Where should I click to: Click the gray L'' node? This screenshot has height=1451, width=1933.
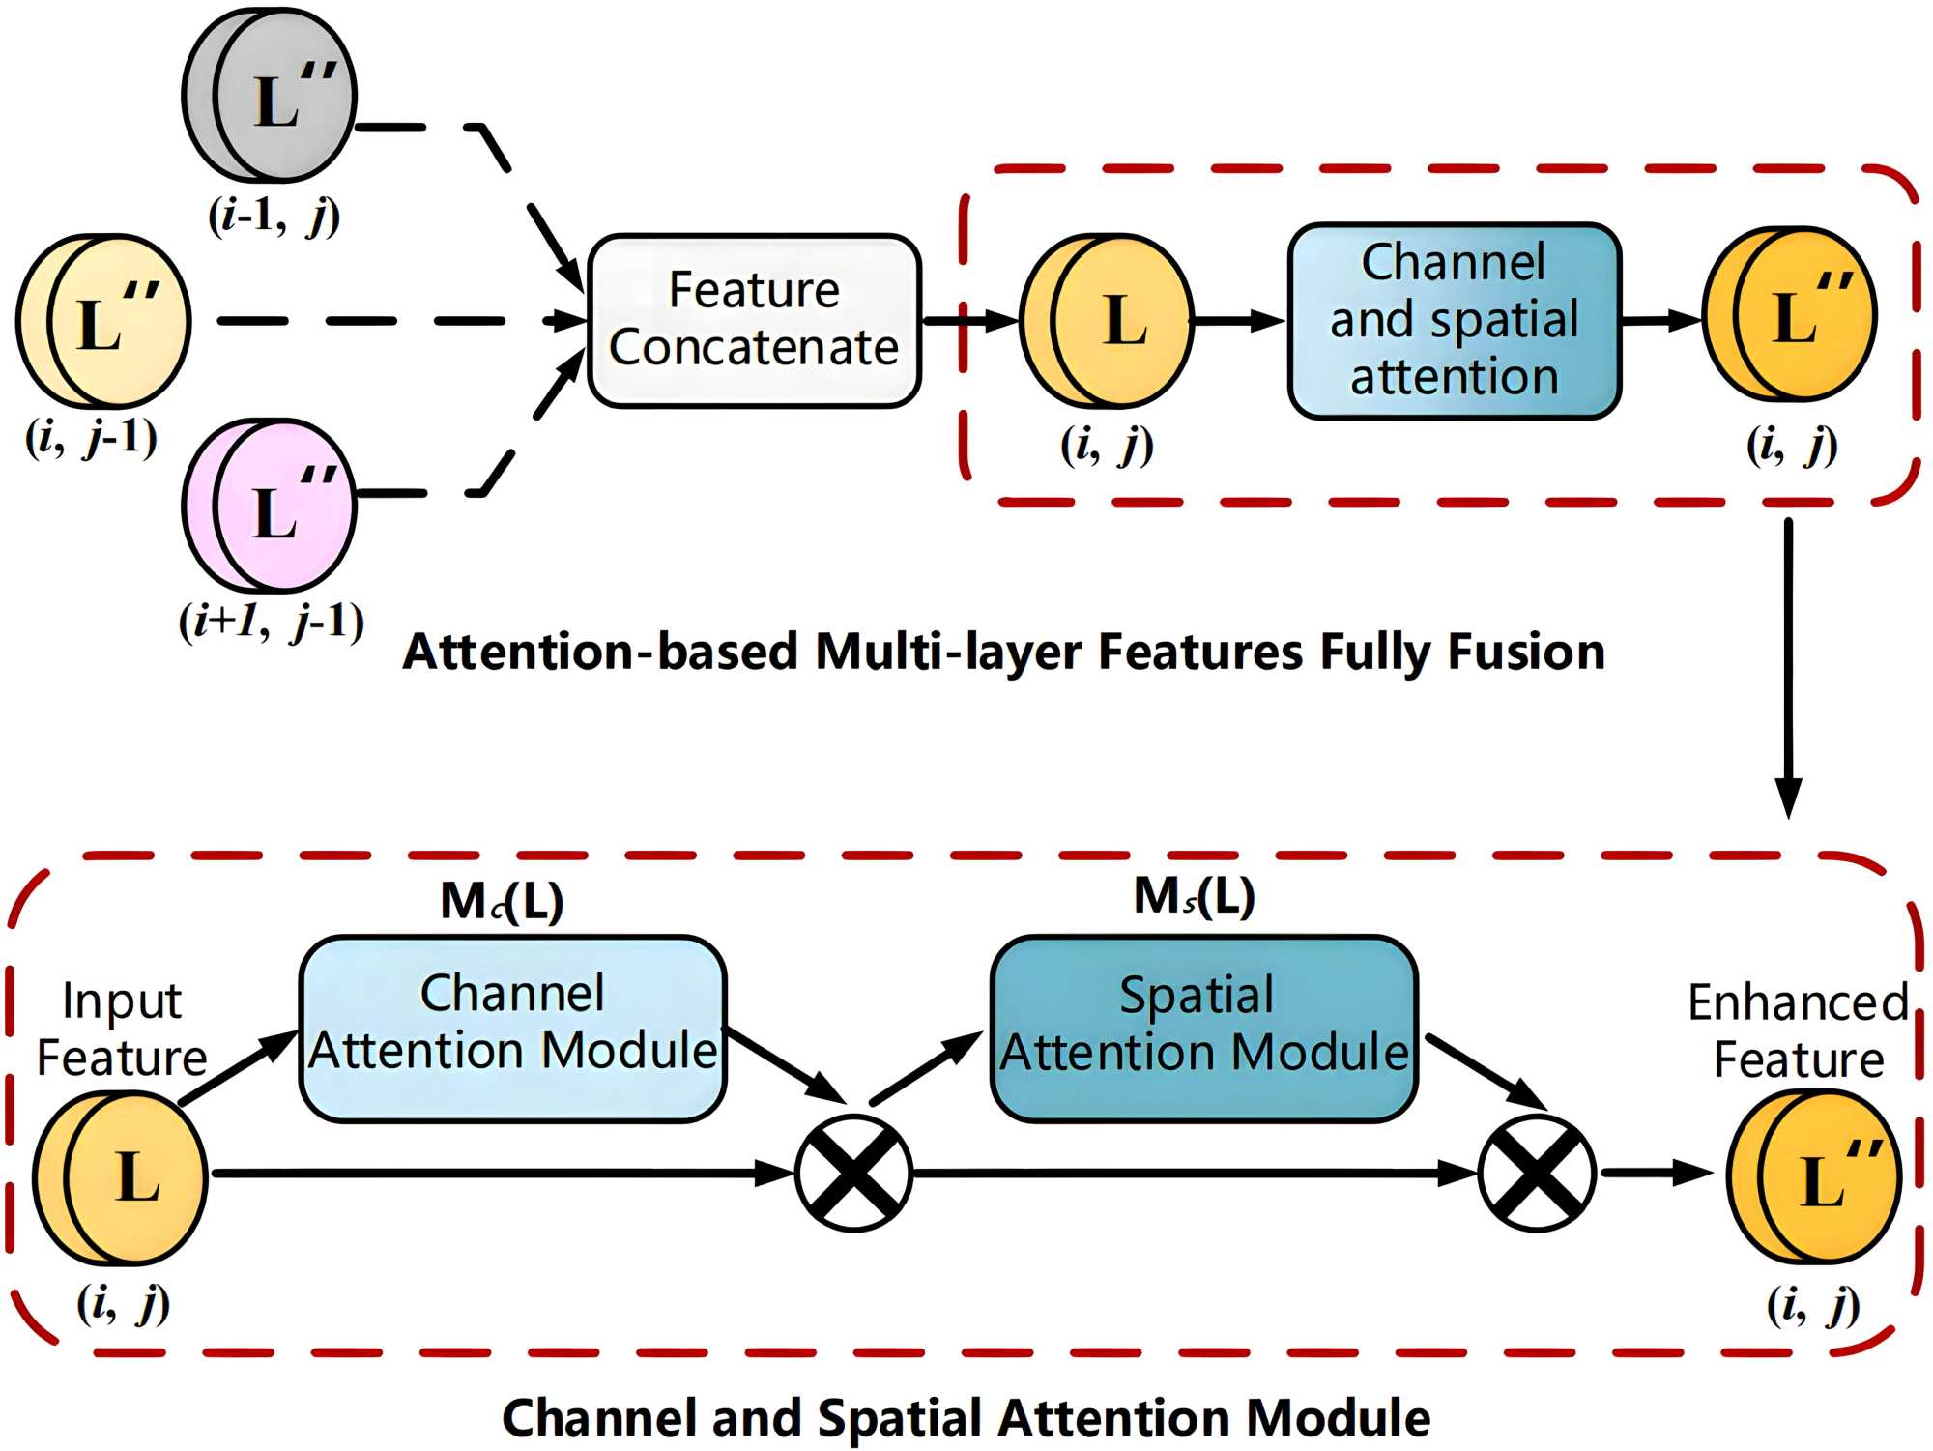[x=271, y=96]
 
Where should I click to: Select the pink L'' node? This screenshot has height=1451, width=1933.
[x=271, y=506]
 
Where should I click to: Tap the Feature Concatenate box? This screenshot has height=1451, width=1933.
[x=754, y=320]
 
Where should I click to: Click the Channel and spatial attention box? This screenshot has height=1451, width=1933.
[x=1455, y=321]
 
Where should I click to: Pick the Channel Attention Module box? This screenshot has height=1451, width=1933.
[x=512, y=1028]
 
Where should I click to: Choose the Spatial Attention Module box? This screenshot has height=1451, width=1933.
[x=1203, y=1028]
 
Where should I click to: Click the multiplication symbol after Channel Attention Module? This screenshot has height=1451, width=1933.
[x=853, y=1173]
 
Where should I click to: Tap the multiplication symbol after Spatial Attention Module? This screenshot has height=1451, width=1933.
[x=1537, y=1173]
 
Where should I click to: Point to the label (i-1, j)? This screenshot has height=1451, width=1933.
[x=274, y=216]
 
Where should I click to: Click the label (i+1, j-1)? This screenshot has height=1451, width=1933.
[x=272, y=621]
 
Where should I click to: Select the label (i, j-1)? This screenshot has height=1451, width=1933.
[x=92, y=438]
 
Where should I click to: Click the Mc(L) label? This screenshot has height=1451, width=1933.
[x=502, y=901]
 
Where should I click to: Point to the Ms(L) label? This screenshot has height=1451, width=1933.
[x=1194, y=896]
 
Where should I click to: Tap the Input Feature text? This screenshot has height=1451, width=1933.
[x=122, y=1029]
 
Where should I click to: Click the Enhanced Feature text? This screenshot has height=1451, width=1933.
[x=1799, y=1030]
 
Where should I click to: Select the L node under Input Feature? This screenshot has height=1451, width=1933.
[x=121, y=1177]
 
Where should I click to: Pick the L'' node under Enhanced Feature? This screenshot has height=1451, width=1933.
[x=1814, y=1176]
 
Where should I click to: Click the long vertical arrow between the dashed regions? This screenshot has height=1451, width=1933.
[x=1789, y=667]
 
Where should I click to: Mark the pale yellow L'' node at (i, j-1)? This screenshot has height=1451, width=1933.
[x=103, y=321]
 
